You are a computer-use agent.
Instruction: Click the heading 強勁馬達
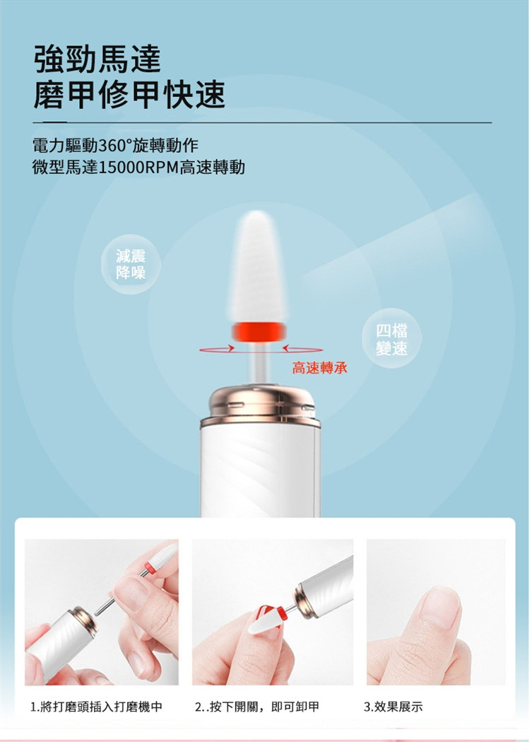pos(98,59)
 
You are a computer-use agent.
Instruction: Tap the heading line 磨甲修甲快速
pos(129,94)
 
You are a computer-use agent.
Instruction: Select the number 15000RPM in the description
pos(139,167)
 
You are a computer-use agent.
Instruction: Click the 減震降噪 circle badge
pos(131,264)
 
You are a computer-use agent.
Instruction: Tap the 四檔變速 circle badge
pos(392,339)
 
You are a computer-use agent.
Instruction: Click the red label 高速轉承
pos(319,368)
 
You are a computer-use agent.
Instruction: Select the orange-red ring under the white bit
pos(259,331)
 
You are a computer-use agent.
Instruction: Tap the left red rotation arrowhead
pos(230,348)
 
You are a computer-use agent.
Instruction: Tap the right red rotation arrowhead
pos(286,349)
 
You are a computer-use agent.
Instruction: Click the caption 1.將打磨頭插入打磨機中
pos(96,707)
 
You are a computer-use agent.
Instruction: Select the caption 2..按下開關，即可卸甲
pos(257,707)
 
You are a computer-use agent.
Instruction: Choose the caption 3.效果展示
pos(394,707)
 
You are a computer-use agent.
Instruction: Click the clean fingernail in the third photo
pos(441,610)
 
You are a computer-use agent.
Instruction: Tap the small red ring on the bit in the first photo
pos(151,567)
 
